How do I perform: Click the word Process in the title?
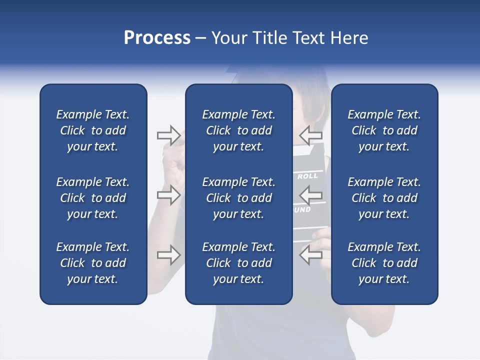click(x=157, y=38)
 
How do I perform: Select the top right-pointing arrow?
click(x=169, y=135)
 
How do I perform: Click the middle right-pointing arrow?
click(x=169, y=195)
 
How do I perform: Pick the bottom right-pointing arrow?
click(x=169, y=255)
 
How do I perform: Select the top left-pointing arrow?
click(x=310, y=135)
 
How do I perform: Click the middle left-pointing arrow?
click(x=310, y=195)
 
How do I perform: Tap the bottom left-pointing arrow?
click(x=310, y=255)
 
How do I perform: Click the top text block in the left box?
click(x=93, y=130)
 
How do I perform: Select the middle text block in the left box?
click(x=93, y=198)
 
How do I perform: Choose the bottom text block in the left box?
click(x=93, y=263)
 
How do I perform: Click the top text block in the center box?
click(x=238, y=130)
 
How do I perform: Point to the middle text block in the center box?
click(x=238, y=198)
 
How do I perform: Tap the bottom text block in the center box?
click(x=238, y=263)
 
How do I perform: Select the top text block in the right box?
click(x=384, y=130)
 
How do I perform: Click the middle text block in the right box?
click(x=384, y=198)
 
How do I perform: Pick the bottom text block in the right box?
click(x=384, y=263)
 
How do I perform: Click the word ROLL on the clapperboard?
click(x=307, y=176)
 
